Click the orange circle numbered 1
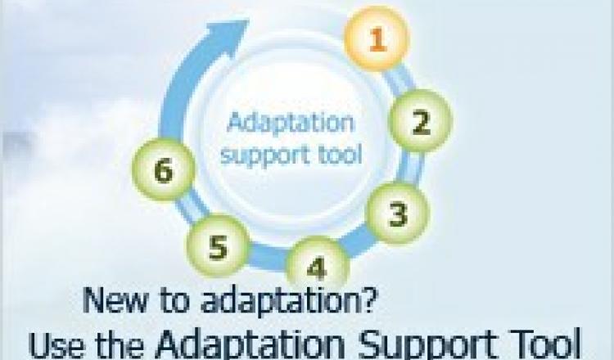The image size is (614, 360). tap(377, 38)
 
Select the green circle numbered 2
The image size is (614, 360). tap(421, 121)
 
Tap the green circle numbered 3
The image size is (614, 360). tap(398, 214)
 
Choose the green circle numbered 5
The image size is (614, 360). tap(218, 246)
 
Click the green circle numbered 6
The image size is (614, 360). tap(163, 169)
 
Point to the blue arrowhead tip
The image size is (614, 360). tap(249, 20)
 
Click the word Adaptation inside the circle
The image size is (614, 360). tap(290, 123)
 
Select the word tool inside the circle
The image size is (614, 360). tap(339, 154)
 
